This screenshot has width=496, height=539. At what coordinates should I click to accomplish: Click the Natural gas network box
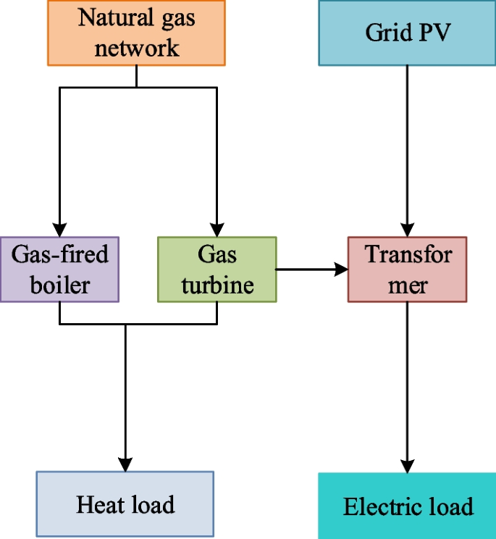click(137, 33)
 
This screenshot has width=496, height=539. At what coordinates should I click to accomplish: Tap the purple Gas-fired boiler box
click(59, 269)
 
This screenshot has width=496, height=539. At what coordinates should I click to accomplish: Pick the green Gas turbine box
click(217, 269)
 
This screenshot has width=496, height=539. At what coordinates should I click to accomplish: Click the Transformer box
click(408, 269)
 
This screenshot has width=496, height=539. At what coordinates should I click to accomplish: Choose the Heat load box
click(125, 504)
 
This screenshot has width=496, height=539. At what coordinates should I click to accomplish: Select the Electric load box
click(408, 506)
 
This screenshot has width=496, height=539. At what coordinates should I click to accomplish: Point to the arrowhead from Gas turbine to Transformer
click(340, 269)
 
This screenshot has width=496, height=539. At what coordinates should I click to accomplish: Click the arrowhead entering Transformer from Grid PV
click(408, 229)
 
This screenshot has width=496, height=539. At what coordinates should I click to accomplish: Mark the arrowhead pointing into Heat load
click(126, 464)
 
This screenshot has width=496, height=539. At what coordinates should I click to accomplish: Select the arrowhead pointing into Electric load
click(408, 465)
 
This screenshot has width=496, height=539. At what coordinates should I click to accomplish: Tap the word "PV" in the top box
click(431, 33)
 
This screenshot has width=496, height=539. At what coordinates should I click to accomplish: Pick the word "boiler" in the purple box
click(59, 285)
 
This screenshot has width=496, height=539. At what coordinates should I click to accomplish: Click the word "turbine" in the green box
click(217, 285)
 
